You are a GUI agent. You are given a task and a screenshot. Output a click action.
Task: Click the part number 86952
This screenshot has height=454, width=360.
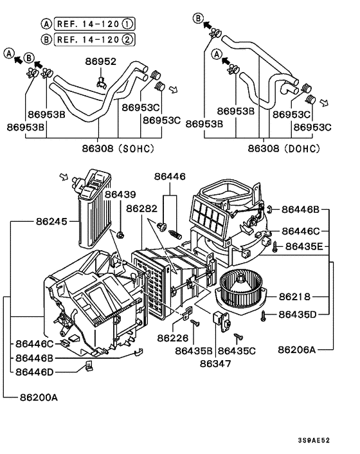point(101,62)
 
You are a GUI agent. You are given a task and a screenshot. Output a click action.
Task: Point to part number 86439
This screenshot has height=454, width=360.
point(121,194)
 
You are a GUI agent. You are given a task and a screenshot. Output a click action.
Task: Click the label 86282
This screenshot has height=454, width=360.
point(141,208)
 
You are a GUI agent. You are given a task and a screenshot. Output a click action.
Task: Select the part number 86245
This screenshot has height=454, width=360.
point(50,220)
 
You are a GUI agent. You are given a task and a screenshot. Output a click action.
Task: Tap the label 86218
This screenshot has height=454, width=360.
point(294,296)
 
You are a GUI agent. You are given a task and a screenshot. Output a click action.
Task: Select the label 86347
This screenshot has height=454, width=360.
point(213,364)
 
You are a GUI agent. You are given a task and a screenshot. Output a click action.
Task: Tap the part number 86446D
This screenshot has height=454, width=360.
point(37,371)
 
